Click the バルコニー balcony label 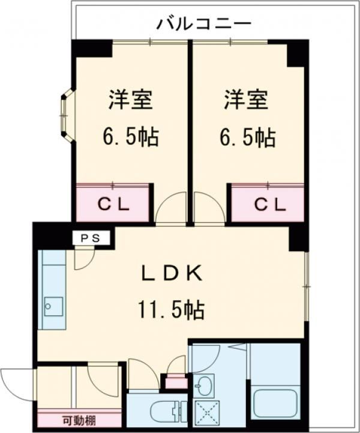[x=203, y=24]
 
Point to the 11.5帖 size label [x=172, y=310]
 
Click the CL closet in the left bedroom [x=113, y=204]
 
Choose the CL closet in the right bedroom [x=268, y=204]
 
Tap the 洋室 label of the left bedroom [x=130, y=100]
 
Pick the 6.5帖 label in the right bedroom [x=247, y=138]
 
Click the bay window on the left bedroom [x=67, y=117]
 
